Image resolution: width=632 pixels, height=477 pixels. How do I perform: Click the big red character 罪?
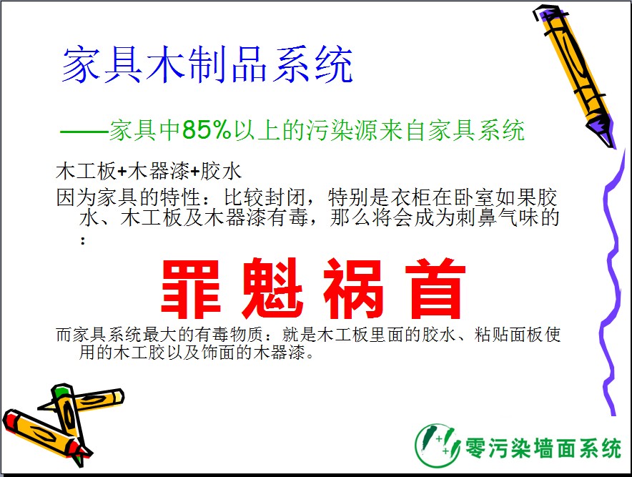[x=191, y=289]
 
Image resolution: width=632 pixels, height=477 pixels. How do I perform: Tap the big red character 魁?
[x=272, y=289]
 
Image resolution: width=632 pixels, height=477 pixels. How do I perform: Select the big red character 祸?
[x=353, y=289]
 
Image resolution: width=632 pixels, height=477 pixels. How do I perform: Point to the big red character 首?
[x=435, y=289]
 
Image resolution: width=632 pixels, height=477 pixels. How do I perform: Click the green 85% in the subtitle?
[x=207, y=130]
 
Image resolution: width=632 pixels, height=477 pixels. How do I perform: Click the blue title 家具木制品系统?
[x=207, y=64]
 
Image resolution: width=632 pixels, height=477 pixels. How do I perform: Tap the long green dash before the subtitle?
[x=84, y=132]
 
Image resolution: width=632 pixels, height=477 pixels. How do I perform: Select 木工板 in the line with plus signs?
[x=87, y=171]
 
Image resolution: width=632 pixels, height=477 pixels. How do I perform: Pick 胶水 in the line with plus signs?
[x=221, y=171]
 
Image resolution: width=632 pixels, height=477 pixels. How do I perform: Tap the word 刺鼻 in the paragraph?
[x=477, y=217]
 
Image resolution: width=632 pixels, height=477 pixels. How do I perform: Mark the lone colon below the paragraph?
[x=83, y=241]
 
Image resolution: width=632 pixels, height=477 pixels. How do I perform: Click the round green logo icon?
[x=438, y=445]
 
